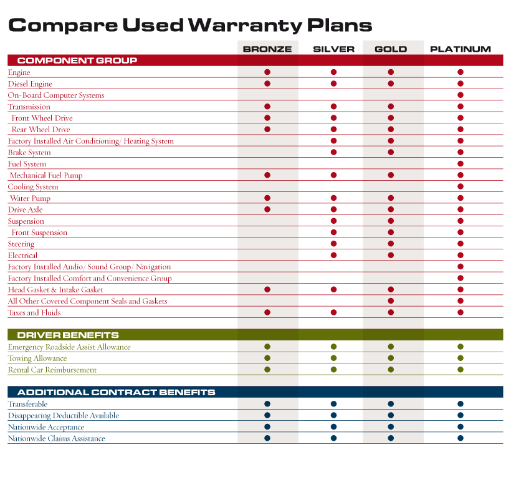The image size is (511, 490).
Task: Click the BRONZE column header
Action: [x=267, y=49]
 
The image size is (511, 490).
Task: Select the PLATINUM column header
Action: [x=460, y=49]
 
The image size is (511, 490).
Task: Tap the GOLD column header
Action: [x=391, y=49]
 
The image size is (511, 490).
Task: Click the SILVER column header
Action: [x=333, y=49]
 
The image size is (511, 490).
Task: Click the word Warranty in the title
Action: [x=245, y=26]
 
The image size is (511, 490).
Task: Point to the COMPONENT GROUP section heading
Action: [x=77, y=60]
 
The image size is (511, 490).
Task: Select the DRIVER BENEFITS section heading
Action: [x=68, y=335]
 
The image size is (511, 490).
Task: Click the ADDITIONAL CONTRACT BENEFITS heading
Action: [x=116, y=392]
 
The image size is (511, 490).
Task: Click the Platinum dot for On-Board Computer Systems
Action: [x=460, y=95]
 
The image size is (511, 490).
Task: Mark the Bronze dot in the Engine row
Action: [x=267, y=72]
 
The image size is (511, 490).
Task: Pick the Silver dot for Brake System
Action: [x=333, y=152]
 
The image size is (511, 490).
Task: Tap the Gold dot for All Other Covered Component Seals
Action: [x=391, y=301]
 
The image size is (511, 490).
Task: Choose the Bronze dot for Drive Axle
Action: [x=267, y=209]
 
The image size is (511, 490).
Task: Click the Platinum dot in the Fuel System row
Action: [x=460, y=164]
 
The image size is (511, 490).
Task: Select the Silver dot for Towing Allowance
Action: [x=333, y=358]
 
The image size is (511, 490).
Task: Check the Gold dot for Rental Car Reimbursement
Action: [x=391, y=370]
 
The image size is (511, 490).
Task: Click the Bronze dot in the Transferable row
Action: [x=267, y=404]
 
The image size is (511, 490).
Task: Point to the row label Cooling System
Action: [x=33, y=187]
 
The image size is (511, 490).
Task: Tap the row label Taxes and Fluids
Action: [x=34, y=313]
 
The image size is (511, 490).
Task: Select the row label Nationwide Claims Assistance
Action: [x=56, y=438]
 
